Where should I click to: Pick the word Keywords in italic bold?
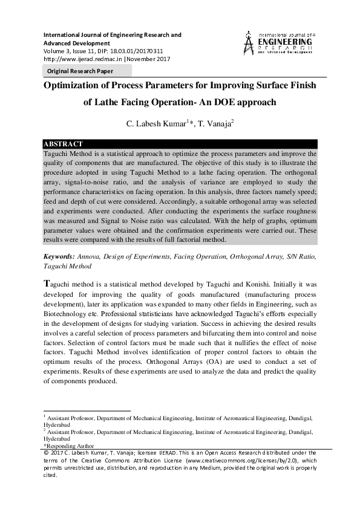pos(59,256)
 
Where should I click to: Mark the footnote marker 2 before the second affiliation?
pos(44,430)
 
